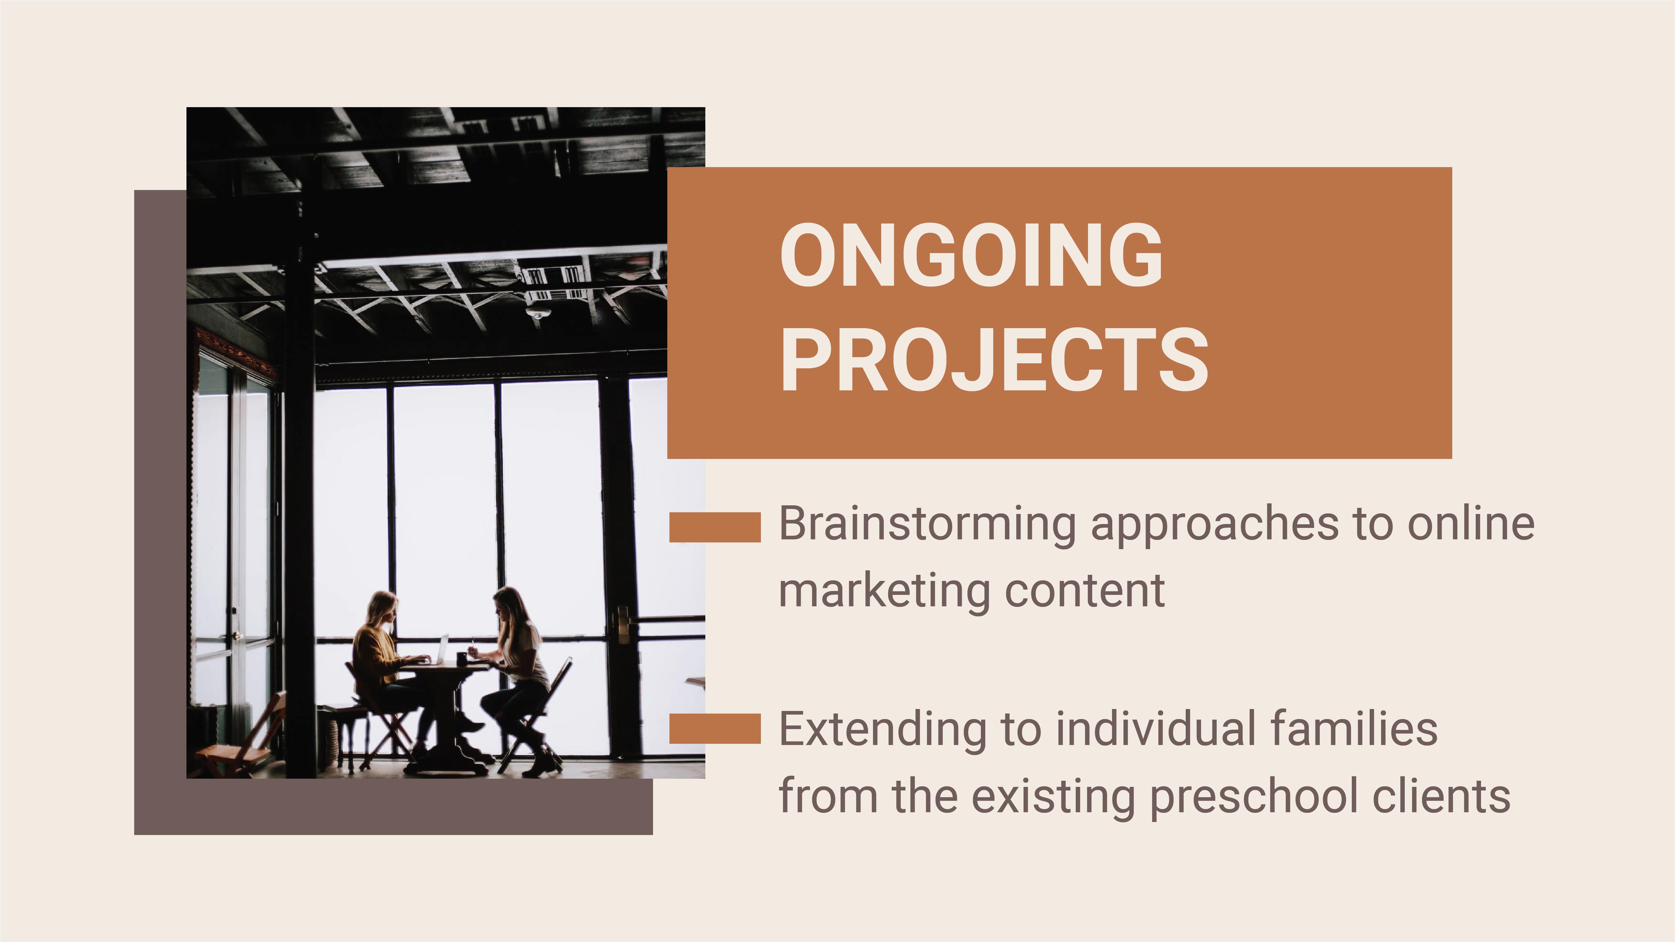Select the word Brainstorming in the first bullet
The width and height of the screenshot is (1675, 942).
point(927,524)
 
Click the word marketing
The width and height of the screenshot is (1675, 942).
point(884,592)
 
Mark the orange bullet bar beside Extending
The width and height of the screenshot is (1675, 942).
point(715,728)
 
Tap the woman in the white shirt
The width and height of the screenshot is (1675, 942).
point(520,657)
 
